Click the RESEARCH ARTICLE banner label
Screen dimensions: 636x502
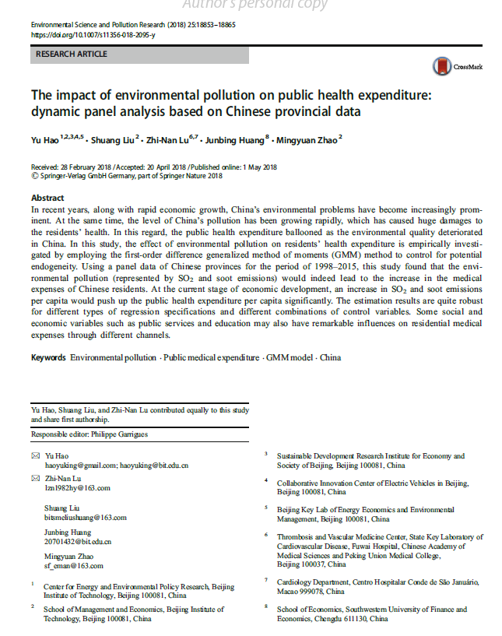point(72,54)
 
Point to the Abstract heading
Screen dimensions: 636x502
point(47,199)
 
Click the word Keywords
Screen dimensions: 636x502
point(48,358)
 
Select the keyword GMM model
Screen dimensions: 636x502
point(290,358)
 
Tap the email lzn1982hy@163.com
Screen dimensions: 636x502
point(76,488)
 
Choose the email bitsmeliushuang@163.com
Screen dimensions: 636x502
point(85,516)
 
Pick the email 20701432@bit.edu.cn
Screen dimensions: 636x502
point(77,541)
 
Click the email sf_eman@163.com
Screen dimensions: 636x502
point(73,566)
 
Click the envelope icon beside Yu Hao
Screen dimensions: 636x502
point(34,455)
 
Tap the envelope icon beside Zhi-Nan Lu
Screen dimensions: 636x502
point(34,478)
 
